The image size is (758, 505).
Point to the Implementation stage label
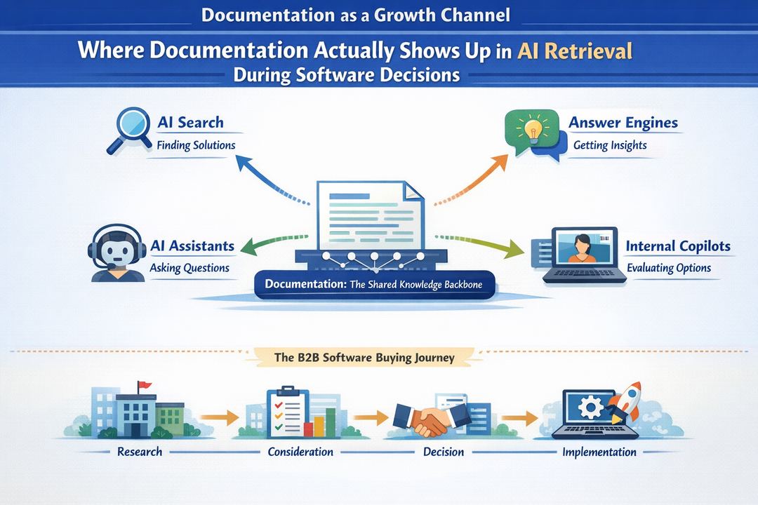click(599, 452)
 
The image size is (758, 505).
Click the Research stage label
click(140, 452)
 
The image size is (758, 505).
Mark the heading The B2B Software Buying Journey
click(364, 358)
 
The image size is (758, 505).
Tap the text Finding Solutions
click(196, 146)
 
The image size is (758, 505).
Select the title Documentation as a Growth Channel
click(356, 15)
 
